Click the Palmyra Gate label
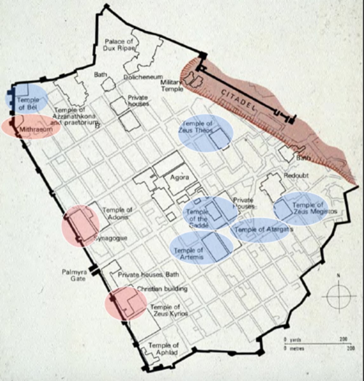[78, 275]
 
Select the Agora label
[180, 177]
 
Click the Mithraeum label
[31, 129]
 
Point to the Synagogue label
[111, 238]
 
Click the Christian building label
[162, 289]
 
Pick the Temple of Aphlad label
[163, 349]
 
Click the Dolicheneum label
[143, 77]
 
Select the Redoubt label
[296, 176]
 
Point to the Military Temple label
[172, 86]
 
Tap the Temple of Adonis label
[117, 213]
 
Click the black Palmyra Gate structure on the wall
[94, 270]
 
